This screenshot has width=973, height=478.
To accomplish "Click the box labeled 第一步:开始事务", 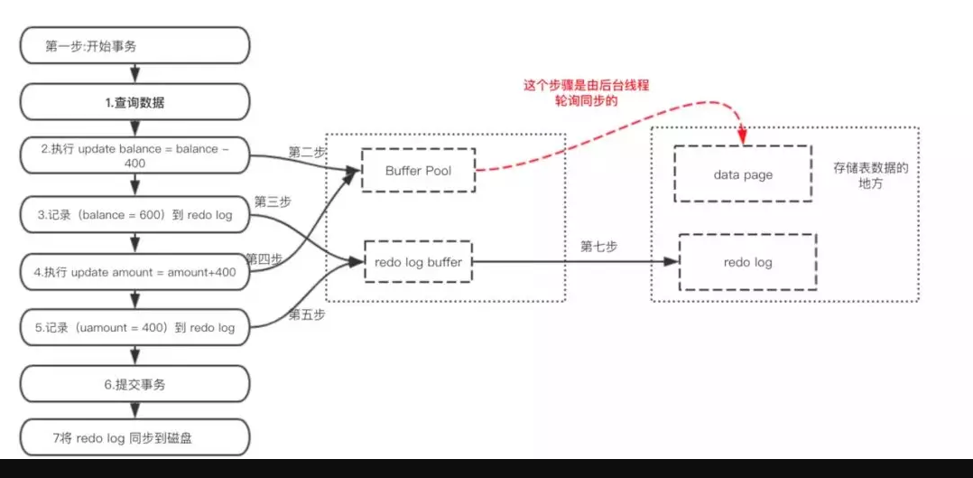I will click(134, 46).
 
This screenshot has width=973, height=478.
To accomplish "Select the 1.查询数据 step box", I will click(134, 102).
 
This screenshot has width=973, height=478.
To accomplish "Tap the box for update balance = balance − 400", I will click(134, 156).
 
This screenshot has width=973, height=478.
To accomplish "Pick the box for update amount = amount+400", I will click(134, 271).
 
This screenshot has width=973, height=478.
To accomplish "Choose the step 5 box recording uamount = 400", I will click(134, 327).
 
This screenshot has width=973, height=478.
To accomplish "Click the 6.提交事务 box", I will click(134, 384).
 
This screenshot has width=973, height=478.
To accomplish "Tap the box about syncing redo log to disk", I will click(134, 439).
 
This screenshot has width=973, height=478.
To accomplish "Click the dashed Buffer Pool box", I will click(418, 171).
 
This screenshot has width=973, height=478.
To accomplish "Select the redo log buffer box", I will click(418, 262).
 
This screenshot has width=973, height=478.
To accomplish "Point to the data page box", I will click(743, 175).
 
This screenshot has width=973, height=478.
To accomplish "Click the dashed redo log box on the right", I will click(747, 262).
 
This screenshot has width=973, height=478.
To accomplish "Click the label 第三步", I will click(272, 201).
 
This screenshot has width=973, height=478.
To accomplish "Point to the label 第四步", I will click(264, 258).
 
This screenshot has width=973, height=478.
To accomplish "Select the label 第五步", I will click(306, 314).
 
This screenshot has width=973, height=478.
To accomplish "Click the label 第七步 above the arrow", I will click(598, 247).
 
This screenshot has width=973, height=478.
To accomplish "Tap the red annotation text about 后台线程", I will click(587, 93).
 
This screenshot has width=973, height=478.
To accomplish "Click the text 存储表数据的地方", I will click(870, 175).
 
